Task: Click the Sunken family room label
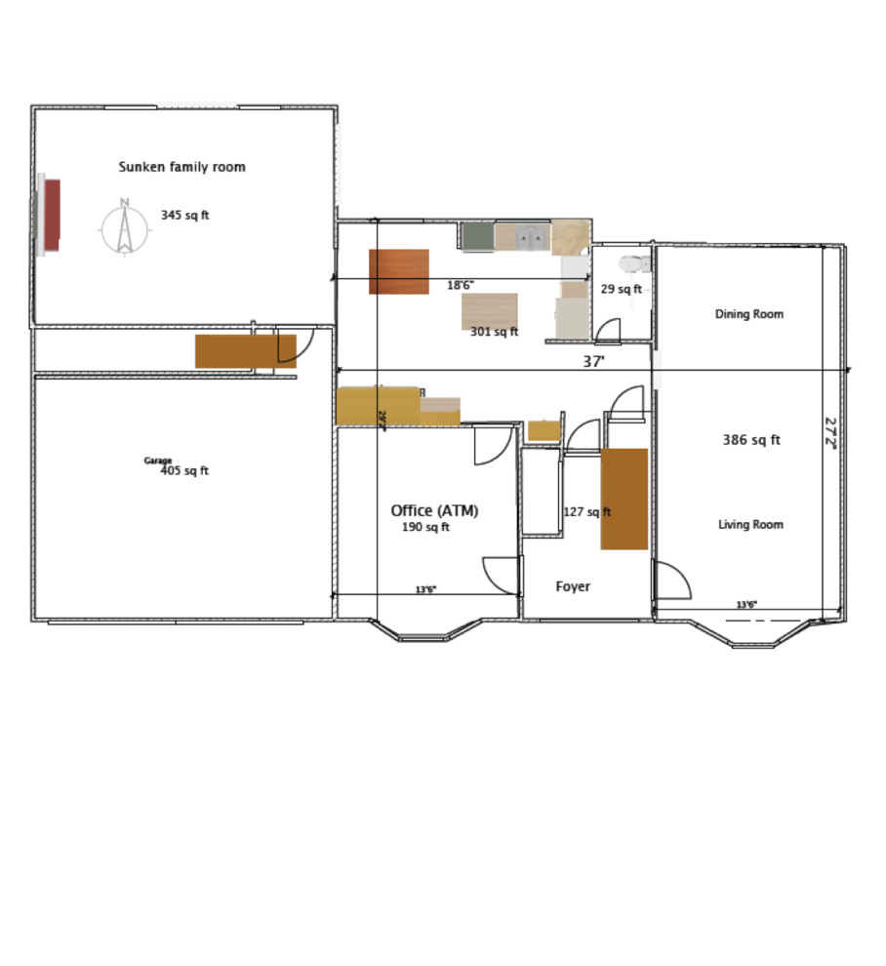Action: [181, 167]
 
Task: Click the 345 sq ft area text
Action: [184, 215]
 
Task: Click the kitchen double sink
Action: [533, 237]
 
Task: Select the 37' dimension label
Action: [593, 361]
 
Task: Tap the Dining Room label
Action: [749, 314]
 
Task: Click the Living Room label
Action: [750, 525]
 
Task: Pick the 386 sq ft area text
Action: [750, 440]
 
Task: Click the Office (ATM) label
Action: [434, 510]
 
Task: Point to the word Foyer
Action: [573, 586]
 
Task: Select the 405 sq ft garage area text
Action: [184, 471]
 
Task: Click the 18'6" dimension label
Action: [461, 286]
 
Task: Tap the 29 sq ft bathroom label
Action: [621, 289]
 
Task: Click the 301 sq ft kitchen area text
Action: [494, 332]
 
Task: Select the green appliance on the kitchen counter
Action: [477, 237]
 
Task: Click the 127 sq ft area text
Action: [586, 511]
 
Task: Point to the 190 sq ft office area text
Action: [425, 528]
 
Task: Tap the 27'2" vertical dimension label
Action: [830, 433]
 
